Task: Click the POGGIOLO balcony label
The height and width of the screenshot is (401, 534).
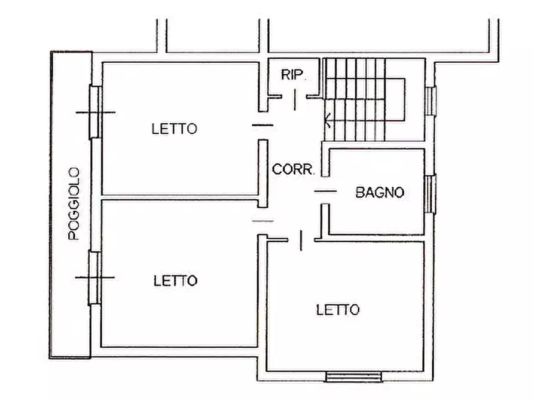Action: pyautogui.click(x=74, y=203)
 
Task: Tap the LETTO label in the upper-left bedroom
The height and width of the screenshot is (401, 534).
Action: pyautogui.click(x=174, y=128)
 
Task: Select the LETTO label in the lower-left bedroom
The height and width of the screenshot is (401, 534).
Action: pyautogui.click(x=175, y=281)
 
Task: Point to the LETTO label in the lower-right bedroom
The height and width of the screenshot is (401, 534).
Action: pyautogui.click(x=338, y=309)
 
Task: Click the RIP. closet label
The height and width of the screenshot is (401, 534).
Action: pyautogui.click(x=294, y=75)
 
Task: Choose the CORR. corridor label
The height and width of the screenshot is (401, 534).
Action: pyautogui.click(x=293, y=169)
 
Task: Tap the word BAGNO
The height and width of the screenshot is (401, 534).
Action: pyautogui.click(x=380, y=192)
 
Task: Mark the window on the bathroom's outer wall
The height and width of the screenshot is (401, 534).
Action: pyautogui.click(x=430, y=193)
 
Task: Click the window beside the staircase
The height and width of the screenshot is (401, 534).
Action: pyautogui.click(x=430, y=100)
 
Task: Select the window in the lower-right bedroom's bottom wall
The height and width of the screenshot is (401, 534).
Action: pyautogui.click(x=353, y=376)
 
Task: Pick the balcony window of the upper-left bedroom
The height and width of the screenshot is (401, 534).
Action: pyautogui.click(x=94, y=112)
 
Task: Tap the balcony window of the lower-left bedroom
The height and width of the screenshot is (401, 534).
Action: pyautogui.click(x=94, y=278)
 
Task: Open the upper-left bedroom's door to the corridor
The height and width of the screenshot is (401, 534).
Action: pyautogui.click(x=262, y=125)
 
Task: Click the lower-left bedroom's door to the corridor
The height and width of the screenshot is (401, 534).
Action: pyautogui.click(x=262, y=221)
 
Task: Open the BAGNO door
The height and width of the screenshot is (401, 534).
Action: pyautogui.click(x=325, y=191)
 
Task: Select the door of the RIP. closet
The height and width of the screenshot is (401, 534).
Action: pyautogui.click(x=295, y=99)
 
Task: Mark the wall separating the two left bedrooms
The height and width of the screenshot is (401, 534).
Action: pyautogui.click(x=179, y=198)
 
